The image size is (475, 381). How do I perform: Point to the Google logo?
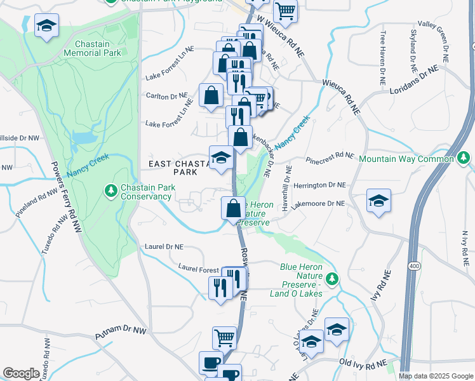pyautogui.click(x=21, y=373)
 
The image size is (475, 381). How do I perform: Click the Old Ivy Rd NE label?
pyautogui.click(x=363, y=363)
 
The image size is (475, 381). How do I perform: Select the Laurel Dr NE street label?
pyautogui.click(x=164, y=246)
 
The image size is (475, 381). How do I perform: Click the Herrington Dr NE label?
pyautogui.click(x=320, y=185)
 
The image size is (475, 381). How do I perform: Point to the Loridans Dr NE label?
pyautogui.click(x=415, y=79)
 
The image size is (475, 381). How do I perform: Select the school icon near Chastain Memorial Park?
pyautogui.click(x=46, y=25)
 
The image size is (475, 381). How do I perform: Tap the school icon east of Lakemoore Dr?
pyautogui.click(x=378, y=201)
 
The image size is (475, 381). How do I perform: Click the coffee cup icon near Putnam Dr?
pyautogui.click(x=211, y=363)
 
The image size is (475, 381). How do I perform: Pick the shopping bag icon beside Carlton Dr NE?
pyautogui.click(x=211, y=95)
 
